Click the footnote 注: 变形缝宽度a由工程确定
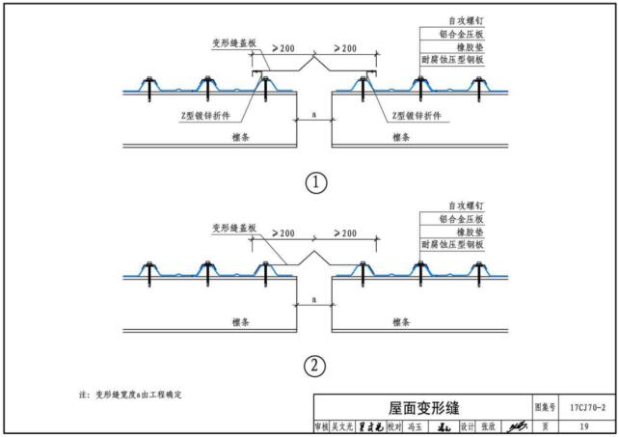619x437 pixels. [x=130, y=396]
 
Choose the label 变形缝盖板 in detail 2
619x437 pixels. [x=233, y=228]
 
